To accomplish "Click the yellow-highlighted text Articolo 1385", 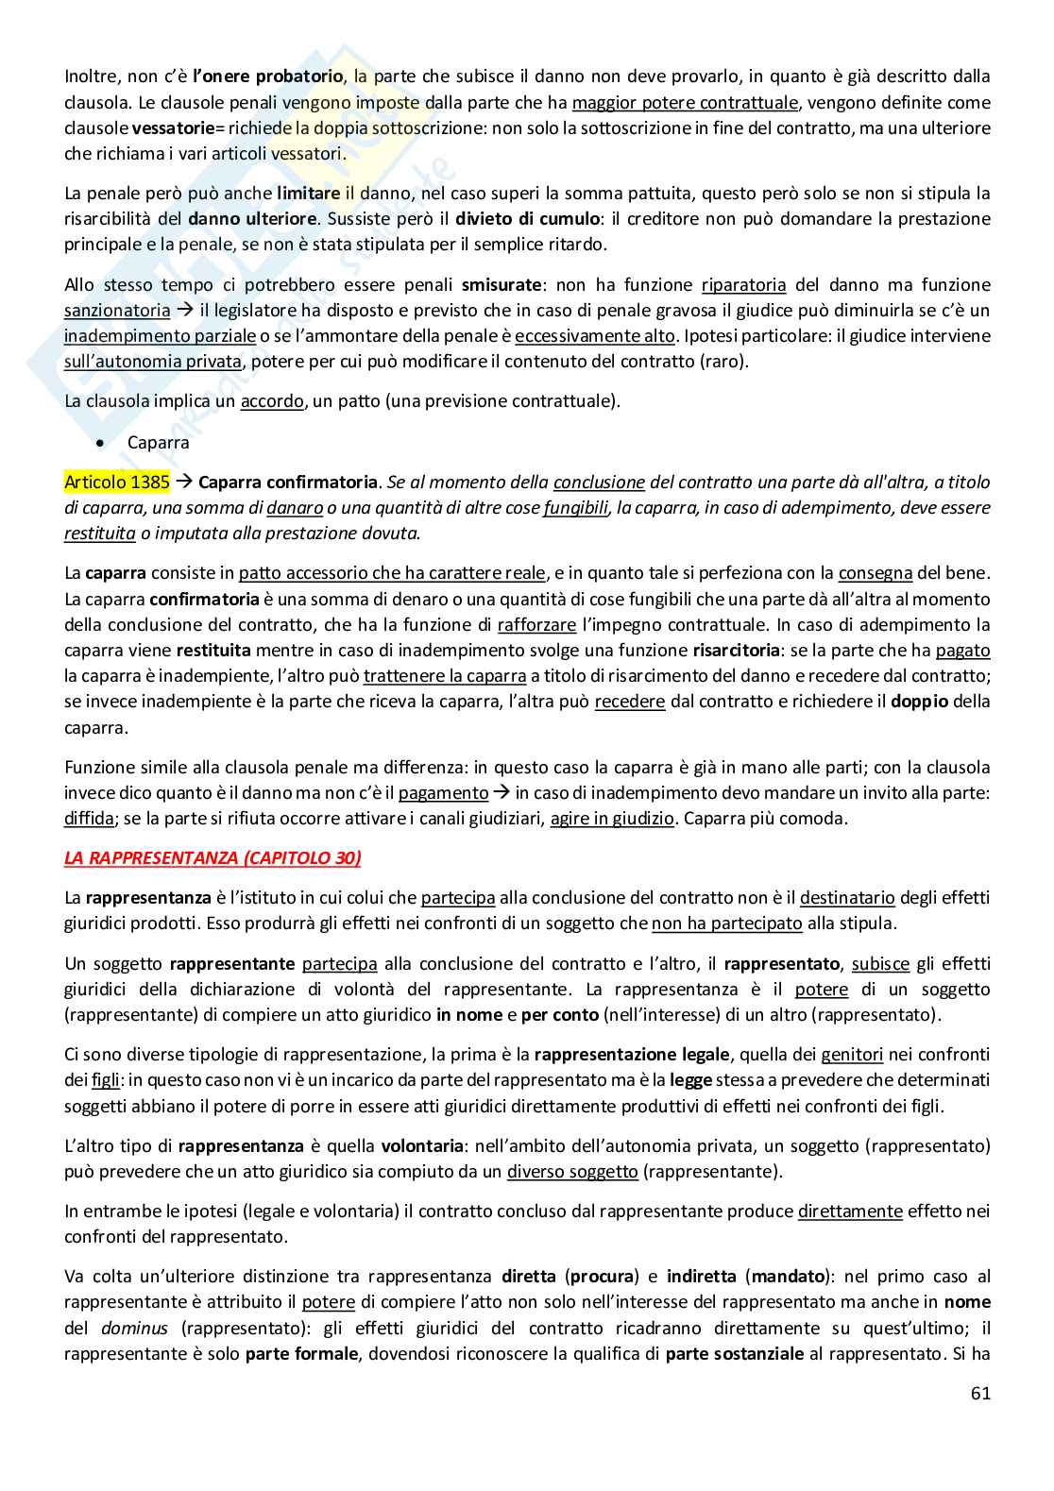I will tap(117, 483).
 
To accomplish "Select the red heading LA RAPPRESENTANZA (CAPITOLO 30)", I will tap(212, 857).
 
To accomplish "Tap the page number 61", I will tap(980, 1393).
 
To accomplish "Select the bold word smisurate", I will tap(501, 284).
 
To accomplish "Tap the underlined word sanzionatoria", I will tap(117, 310).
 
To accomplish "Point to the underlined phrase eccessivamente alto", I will tap(595, 335).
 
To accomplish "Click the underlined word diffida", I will tap(89, 819).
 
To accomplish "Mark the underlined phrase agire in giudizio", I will tap(612, 819).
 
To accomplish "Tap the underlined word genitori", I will tap(852, 1055).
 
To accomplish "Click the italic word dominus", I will tap(134, 1328).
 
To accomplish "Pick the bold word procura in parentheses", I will tap(603, 1277).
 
